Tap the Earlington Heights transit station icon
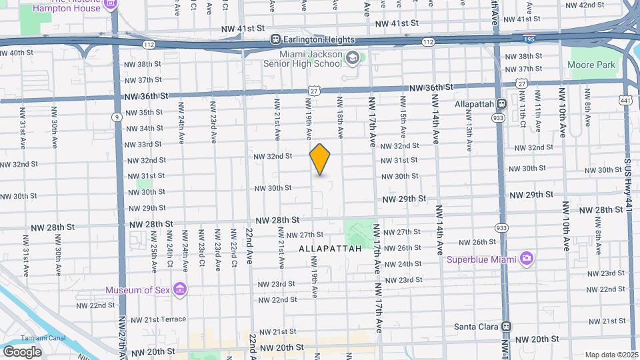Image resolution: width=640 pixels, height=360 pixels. (x=274, y=40)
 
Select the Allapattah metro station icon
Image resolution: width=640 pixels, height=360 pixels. (x=502, y=104)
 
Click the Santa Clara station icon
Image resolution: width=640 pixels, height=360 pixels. (x=506, y=327)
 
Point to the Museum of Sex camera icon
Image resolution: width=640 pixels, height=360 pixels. (x=179, y=289)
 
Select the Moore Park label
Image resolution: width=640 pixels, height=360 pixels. (x=582, y=65)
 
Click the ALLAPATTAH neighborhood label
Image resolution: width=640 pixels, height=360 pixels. (x=330, y=248)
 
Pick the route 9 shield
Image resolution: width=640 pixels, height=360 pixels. (x=117, y=117)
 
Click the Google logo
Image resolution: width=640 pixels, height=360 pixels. (x=22, y=351)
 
